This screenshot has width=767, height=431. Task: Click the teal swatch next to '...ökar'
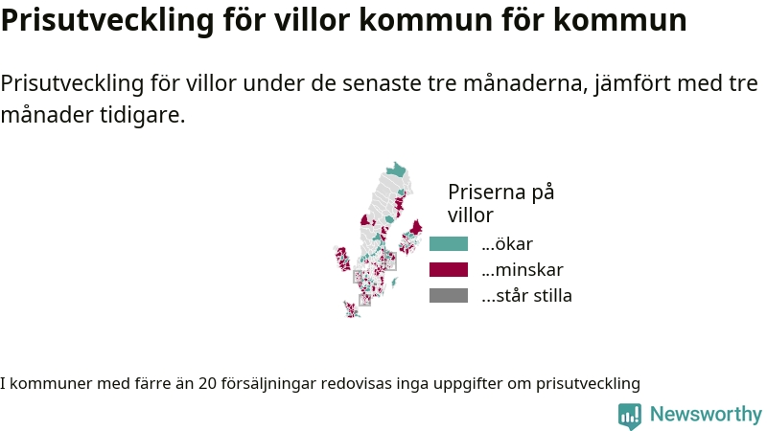pyautogui.click(x=449, y=244)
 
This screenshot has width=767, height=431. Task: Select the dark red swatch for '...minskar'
pyautogui.click(x=449, y=270)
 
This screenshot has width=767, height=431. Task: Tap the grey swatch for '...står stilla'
pyautogui.click(x=449, y=296)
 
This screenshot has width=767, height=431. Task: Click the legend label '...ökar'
pyautogui.click(x=507, y=244)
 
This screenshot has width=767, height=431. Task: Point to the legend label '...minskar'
pyautogui.click(x=523, y=270)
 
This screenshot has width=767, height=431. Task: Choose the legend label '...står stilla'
pyautogui.click(x=526, y=296)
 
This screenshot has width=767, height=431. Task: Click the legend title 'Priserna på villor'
pyautogui.click(x=500, y=203)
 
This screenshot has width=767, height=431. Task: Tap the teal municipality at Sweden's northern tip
pyautogui.click(x=396, y=170)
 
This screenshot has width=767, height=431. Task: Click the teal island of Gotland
pyautogui.click(x=394, y=283)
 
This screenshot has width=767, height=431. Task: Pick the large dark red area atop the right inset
pyautogui.click(x=416, y=228)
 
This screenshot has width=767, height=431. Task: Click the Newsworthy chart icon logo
pyautogui.click(x=630, y=416)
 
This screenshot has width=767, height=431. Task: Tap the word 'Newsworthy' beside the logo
pyautogui.click(x=706, y=415)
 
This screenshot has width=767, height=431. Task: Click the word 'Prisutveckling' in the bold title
pyautogui.click(x=107, y=20)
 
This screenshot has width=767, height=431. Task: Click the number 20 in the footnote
pyautogui.click(x=207, y=383)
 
